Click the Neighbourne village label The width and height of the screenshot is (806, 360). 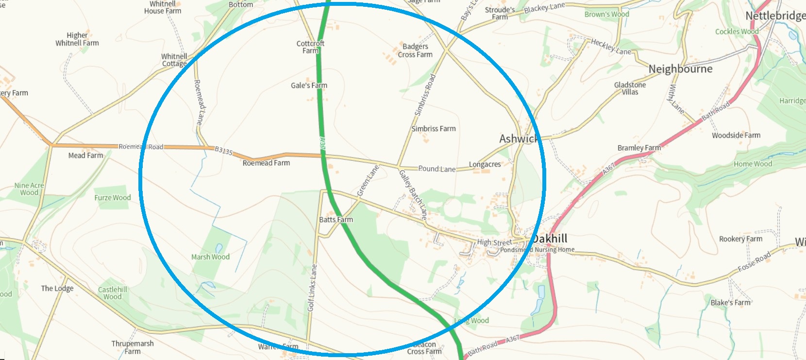(x=680, y=69)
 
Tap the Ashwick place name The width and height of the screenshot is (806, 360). (x=518, y=139)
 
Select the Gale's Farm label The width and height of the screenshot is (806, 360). (x=309, y=86)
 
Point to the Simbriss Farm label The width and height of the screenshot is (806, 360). (x=433, y=129)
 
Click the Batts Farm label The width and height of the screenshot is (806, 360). (x=336, y=220)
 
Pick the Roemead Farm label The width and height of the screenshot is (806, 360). (x=266, y=163)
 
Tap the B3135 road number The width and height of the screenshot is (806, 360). (x=224, y=151)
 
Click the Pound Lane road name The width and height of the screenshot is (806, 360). (x=437, y=169)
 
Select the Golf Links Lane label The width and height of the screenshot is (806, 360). (x=312, y=288)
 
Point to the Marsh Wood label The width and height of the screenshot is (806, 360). (x=210, y=257)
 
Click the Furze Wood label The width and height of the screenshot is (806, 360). (x=112, y=198)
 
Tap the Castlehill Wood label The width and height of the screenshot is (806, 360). (x=113, y=293)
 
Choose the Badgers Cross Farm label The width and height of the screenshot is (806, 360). (x=415, y=51)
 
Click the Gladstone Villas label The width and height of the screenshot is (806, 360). (x=630, y=88)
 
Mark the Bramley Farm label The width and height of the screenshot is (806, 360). (x=639, y=148)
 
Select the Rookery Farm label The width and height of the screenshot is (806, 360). (x=740, y=239)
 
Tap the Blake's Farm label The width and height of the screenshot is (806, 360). (x=730, y=303)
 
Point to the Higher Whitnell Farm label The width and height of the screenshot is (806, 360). (x=77, y=39)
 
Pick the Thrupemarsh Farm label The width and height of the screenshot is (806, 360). (x=132, y=347)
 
